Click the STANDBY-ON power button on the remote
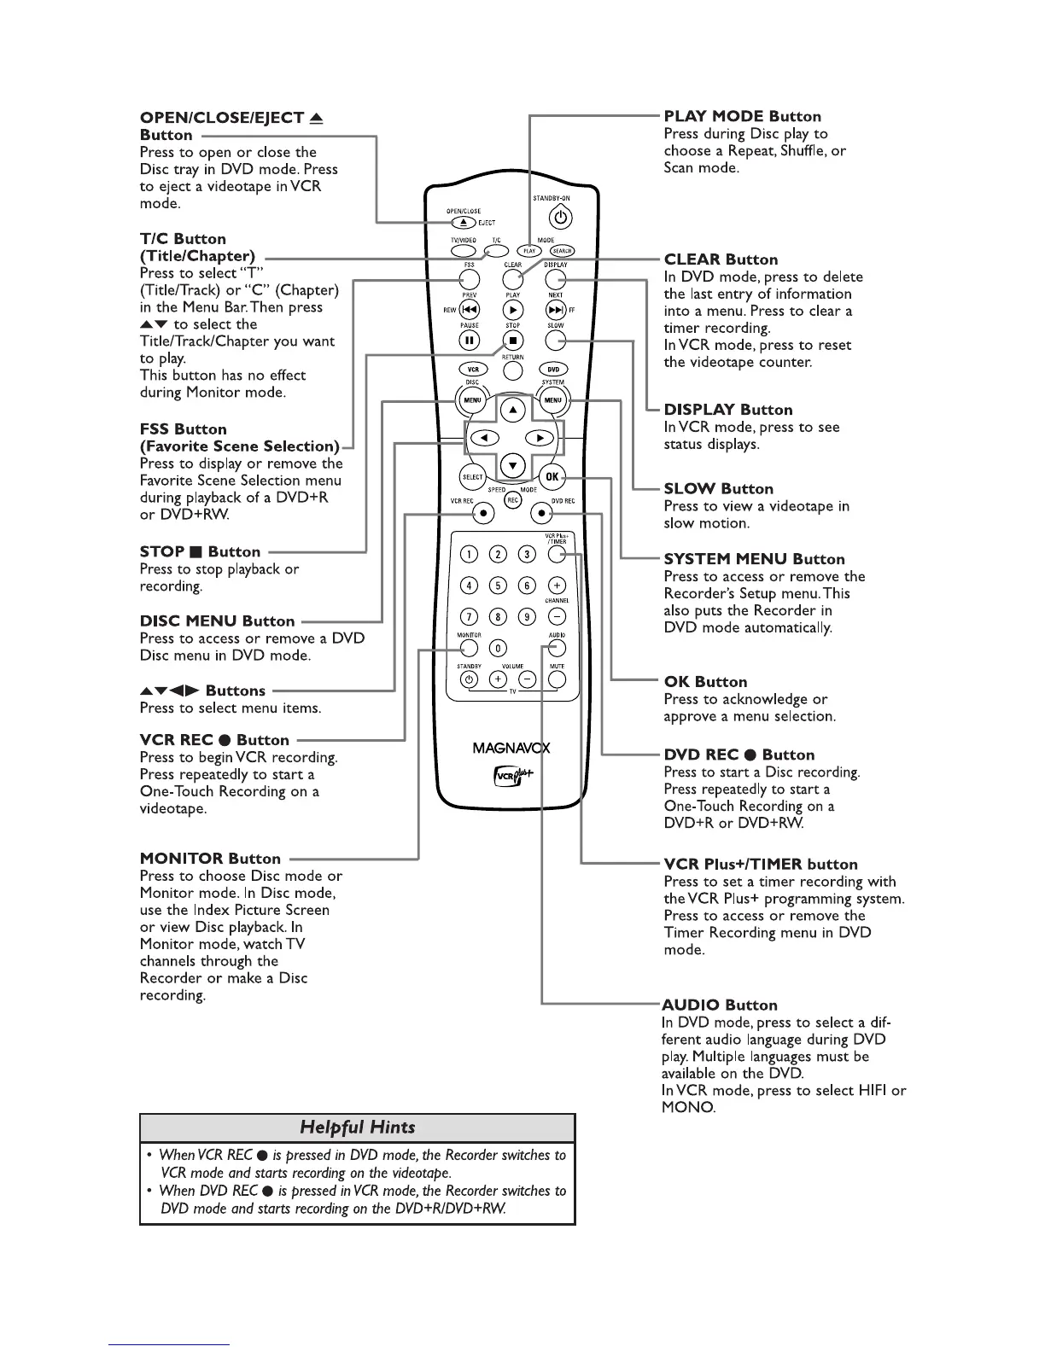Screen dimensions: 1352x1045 [564, 218]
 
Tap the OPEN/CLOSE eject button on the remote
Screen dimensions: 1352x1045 [464, 222]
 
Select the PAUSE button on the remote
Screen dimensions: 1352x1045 [470, 341]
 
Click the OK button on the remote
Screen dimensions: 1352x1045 [552, 477]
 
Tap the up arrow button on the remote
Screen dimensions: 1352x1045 [512, 410]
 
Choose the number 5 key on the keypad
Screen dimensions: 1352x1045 [498, 586]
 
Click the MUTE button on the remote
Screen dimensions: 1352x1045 [557, 679]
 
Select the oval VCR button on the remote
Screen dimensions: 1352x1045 [473, 370]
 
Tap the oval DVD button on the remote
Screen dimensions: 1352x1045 [552, 370]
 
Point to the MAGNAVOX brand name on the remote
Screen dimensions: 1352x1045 [511, 749]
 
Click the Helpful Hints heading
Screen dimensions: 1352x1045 [357, 1128]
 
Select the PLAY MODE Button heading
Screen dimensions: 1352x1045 [742, 116]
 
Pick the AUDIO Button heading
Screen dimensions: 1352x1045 [719, 1005]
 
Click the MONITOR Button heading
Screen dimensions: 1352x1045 [210, 859]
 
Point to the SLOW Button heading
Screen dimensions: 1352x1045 [718, 489]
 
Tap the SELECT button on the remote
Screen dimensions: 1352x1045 [472, 477]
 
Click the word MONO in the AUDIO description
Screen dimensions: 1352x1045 [687, 1108]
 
